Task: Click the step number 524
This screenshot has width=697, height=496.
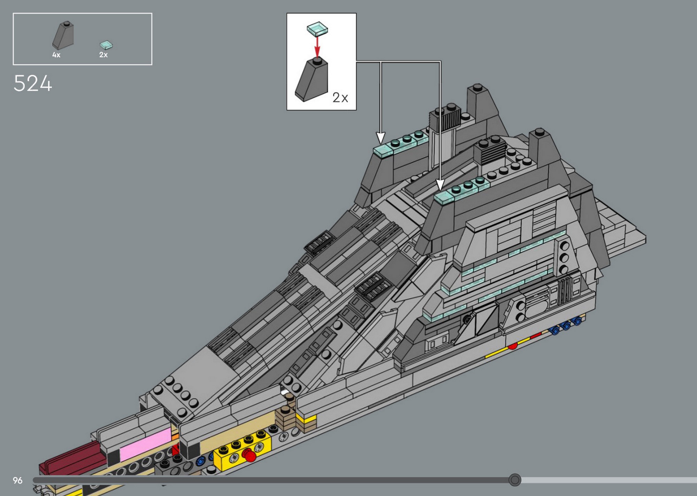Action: click(x=33, y=84)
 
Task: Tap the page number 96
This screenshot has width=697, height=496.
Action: click(x=17, y=480)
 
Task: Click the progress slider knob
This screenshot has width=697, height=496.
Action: click(x=515, y=480)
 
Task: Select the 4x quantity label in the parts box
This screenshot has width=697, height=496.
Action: click(x=56, y=55)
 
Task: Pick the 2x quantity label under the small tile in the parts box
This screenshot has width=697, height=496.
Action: click(x=104, y=55)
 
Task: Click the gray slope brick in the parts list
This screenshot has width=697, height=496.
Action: click(x=63, y=36)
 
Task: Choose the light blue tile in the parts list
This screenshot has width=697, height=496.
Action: click(x=106, y=45)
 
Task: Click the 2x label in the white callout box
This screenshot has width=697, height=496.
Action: click(x=340, y=97)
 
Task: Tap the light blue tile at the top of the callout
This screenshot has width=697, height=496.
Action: click(x=317, y=29)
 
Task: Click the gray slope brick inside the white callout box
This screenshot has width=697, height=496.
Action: click(x=312, y=80)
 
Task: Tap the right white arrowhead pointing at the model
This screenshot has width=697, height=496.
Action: click(x=440, y=185)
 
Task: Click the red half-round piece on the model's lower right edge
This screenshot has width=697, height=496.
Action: click(x=513, y=346)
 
